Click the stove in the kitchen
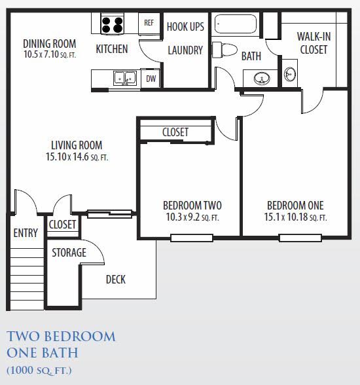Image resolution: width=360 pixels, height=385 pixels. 113,25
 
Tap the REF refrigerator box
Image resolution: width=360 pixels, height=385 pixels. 149,22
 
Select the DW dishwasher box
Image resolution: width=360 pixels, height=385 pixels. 151,79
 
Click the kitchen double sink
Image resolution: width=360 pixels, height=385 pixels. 124,79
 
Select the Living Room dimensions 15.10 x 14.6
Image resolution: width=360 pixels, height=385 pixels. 77,157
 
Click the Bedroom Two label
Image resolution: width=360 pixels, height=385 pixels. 191,205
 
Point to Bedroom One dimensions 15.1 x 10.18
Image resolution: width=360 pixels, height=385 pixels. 295,217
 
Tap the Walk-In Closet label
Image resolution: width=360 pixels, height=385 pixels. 312,43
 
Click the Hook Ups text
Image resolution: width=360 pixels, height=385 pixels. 185,27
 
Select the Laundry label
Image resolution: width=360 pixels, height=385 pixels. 185,50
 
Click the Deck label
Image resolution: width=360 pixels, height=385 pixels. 116,280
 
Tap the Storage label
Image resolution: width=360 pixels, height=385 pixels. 69,253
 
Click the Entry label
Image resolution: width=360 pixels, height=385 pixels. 26,233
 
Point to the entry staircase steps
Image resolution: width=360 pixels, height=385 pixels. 26,275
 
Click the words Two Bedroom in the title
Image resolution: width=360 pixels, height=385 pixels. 61,337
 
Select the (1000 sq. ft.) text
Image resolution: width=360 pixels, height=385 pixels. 39,371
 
